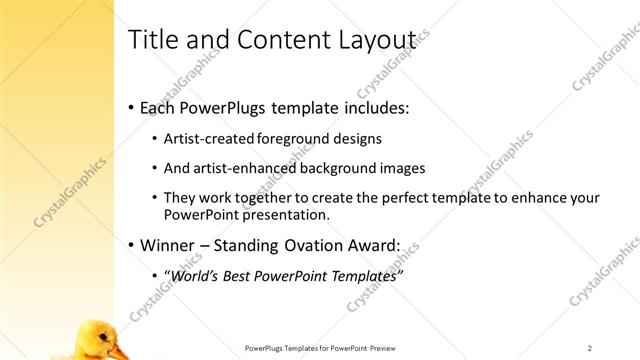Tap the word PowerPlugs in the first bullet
point(222,107)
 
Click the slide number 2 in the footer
point(589,348)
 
